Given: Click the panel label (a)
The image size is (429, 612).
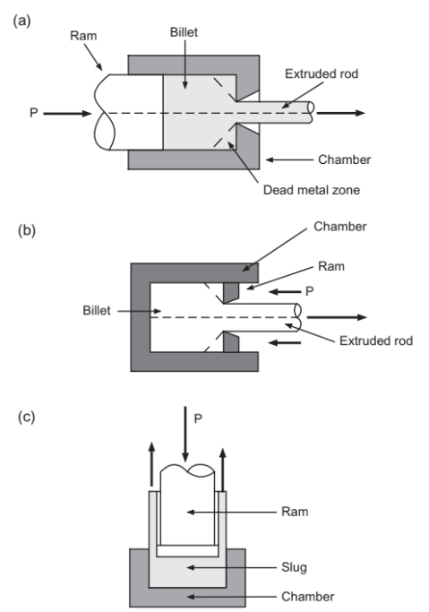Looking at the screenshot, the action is tap(21, 21).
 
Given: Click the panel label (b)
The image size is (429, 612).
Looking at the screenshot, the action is tap(27, 230).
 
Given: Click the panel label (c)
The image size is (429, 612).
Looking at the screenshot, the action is tap(26, 417).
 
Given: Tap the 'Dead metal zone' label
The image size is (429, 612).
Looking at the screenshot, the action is tap(311, 190).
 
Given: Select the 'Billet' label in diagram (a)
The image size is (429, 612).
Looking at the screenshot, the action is tap(184, 32).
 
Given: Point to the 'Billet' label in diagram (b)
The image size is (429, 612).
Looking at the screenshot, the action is tap(97, 311).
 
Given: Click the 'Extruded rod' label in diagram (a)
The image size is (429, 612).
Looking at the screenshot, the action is tap(322, 73).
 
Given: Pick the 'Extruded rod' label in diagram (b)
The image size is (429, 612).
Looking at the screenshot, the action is tap(376, 340).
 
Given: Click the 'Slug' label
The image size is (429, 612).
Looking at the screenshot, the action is tap(294, 567).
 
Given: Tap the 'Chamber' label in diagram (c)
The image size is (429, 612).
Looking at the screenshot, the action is tap(308, 597).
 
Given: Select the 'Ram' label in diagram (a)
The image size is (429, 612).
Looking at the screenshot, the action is tap(83, 36).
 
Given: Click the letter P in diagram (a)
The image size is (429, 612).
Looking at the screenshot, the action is tap(34, 113).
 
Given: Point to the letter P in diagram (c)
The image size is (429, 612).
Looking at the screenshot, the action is tap(198, 418).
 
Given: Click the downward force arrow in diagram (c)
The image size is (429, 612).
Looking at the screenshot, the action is tap(185, 434).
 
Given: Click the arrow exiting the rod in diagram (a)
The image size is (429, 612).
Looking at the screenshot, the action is tap(340, 113).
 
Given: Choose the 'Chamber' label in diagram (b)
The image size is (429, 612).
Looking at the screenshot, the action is tap(340, 227).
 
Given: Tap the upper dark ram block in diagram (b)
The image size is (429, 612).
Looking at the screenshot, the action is tap(231, 292).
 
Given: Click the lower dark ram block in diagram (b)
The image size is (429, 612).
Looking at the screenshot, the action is tap(231, 342).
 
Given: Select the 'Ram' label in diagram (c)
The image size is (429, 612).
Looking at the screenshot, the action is tap(295, 512).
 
